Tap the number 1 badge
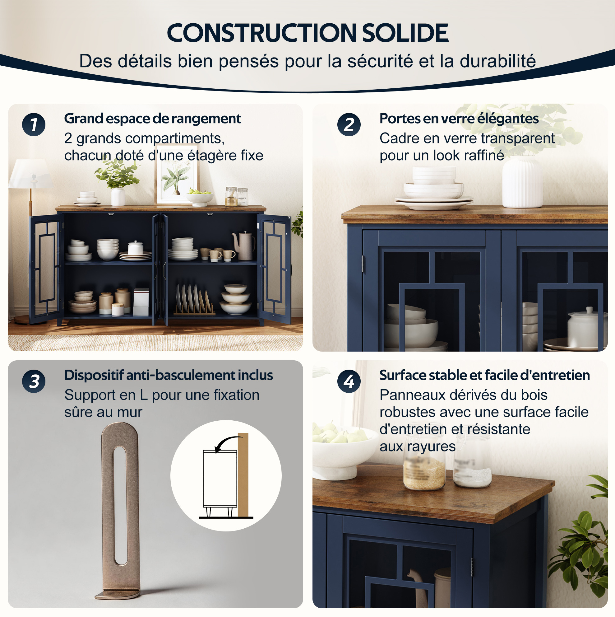click(34, 124)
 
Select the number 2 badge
click(349, 124)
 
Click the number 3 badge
click(34, 381)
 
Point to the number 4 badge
click(349, 381)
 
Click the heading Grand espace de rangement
click(153, 119)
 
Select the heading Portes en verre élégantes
click(459, 119)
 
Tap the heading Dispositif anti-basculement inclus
click(169, 375)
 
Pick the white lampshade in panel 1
click(31, 174)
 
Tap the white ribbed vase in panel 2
click(522, 182)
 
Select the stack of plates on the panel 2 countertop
click(433, 188)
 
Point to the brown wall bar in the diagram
click(243, 474)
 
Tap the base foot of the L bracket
click(118, 594)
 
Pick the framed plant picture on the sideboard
click(176, 174)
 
